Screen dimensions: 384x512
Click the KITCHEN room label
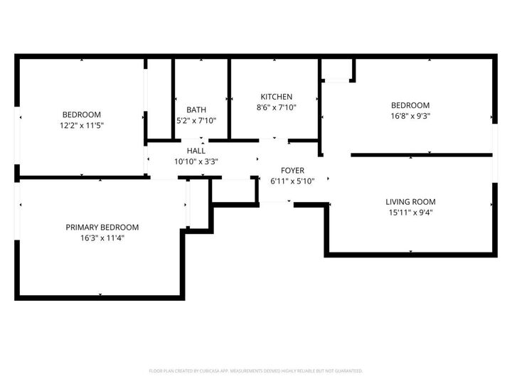point(276,97)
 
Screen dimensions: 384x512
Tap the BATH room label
point(196,110)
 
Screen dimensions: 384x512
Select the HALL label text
point(196,151)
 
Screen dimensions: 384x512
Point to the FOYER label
point(292,171)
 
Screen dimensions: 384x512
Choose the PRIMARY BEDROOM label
point(102,227)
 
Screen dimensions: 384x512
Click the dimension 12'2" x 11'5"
point(82,125)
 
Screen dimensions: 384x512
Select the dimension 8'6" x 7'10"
point(276,108)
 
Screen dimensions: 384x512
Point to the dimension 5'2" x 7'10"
point(196,121)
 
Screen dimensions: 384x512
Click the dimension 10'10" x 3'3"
point(196,161)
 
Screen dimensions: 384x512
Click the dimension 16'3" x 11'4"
point(102,238)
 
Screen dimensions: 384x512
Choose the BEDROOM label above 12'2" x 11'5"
point(82,114)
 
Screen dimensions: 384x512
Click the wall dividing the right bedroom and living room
point(421,154)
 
